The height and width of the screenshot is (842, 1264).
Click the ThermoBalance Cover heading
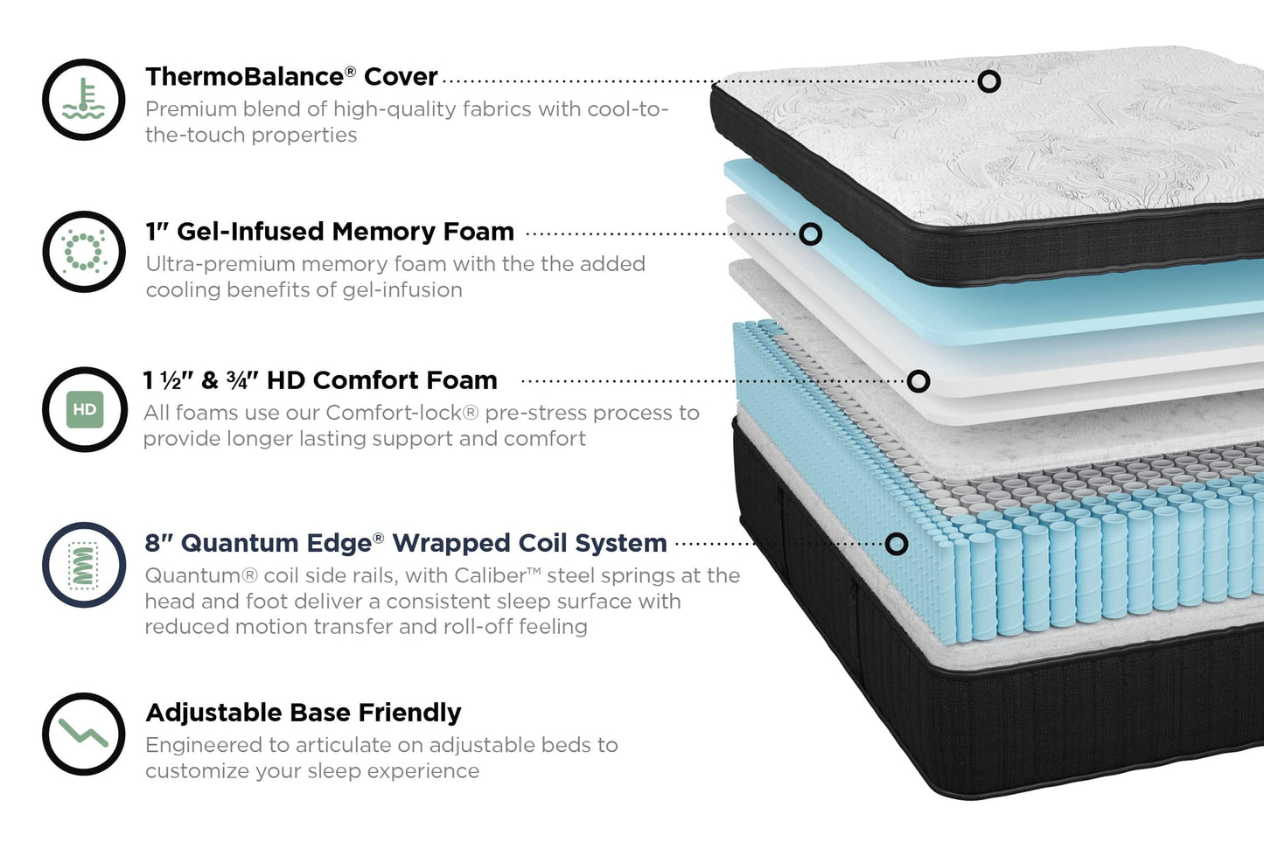click(x=290, y=77)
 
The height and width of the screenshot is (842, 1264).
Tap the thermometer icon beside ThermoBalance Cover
click(x=84, y=100)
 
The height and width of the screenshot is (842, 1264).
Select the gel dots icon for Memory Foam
click(x=84, y=252)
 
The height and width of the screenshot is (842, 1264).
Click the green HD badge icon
click(x=84, y=409)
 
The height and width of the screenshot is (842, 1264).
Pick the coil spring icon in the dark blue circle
click(x=84, y=565)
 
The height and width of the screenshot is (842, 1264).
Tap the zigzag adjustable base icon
click(x=84, y=733)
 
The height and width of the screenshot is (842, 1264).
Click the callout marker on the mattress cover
click(x=989, y=81)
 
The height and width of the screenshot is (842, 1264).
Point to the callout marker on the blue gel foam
click(x=811, y=234)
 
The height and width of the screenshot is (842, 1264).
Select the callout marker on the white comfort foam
click(x=918, y=381)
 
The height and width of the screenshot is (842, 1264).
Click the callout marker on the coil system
click(x=897, y=544)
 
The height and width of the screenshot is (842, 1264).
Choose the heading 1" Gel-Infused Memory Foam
click(x=330, y=232)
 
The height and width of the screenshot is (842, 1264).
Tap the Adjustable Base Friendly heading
click(x=303, y=713)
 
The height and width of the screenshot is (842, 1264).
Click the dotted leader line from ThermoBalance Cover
click(x=700, y=81)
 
